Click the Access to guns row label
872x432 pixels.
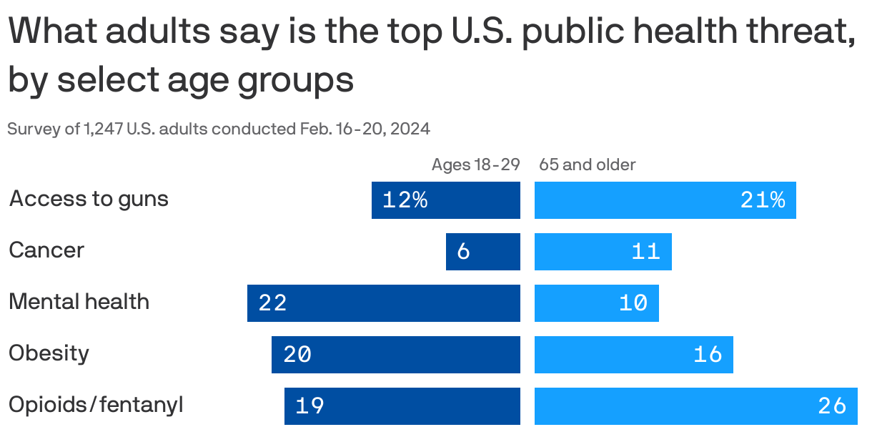click(89, 199)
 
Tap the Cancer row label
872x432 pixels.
click(46, 250)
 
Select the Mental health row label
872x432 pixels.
click(79, 302)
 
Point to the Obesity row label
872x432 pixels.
click(49, 353)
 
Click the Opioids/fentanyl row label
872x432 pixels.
click(96, 406)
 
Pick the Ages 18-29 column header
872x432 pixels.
click(475, 165)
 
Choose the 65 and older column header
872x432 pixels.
click(587, 165)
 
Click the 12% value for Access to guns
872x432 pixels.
click(405, 200)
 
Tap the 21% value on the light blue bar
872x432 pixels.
click(763, 200)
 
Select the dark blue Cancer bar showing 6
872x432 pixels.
click(482, 252)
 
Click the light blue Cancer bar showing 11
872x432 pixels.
click(603, 252)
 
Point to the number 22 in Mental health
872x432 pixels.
click(272, 303)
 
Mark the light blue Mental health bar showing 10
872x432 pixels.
click(596, 303)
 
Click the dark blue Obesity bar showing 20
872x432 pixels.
click(395, 355)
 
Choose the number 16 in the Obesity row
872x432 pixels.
click(708, 355)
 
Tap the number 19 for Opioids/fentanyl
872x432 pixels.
click(309, 406)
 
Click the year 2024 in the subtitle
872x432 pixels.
click(410, 129)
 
